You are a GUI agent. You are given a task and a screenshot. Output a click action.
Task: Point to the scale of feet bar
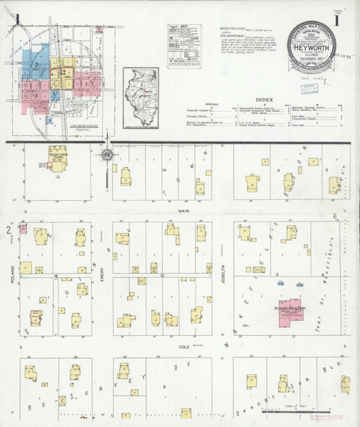click(292, 408)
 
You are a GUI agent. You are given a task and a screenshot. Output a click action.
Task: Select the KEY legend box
click(184, 45)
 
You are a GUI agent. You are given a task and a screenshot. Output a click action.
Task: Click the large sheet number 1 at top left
click(26, 19)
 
